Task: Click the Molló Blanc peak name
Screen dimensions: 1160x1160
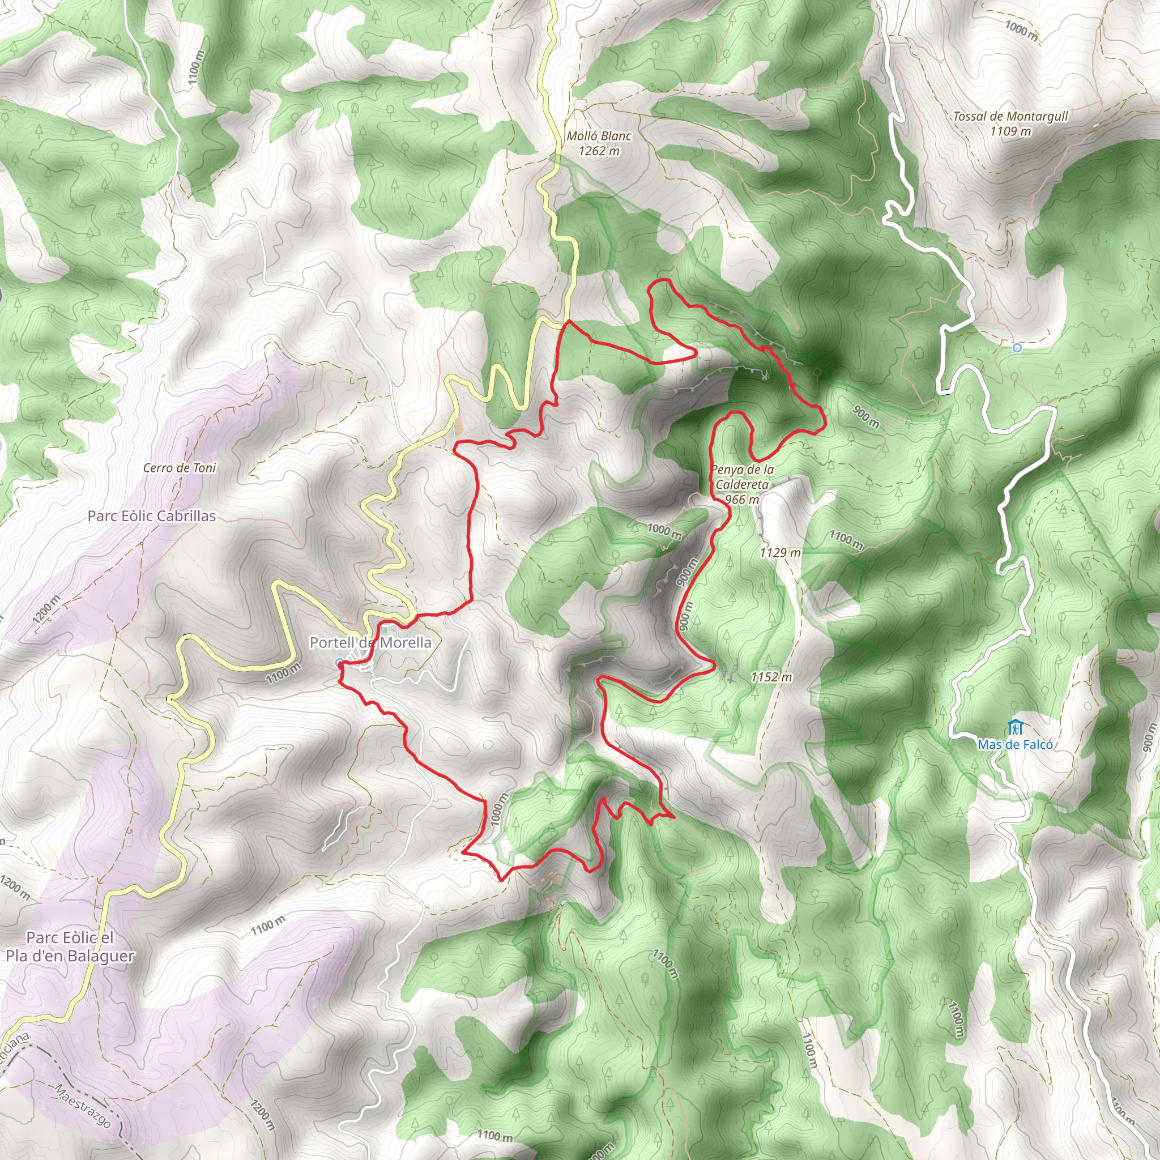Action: (x=599, y=137)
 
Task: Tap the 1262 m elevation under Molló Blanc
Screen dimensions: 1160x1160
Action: (x=599, y=151)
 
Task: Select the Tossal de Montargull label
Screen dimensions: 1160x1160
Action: (x=1010, y=117)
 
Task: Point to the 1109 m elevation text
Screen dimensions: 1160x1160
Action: (x=1010, y=131)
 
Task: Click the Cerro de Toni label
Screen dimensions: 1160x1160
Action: (x=180, y=468)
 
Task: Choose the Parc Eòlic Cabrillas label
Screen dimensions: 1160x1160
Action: (x=151, y=516)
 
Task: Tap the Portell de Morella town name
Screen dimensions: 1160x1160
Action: (x=370, y=642)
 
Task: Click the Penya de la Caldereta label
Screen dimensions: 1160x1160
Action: (x=742, y=477)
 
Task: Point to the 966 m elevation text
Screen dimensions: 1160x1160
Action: (x=742, y=500)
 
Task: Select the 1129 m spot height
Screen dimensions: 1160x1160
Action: (x=780, y=552)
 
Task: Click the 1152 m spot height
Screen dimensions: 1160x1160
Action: (x=771, y=677)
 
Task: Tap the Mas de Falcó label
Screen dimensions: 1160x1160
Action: (x=1014, y=744)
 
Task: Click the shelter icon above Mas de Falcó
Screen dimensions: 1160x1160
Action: (x=1014, y=727)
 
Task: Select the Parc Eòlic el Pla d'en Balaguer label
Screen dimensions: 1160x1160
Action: (x=70, y=946)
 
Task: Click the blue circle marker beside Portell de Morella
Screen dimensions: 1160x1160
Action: (x=339, y=663)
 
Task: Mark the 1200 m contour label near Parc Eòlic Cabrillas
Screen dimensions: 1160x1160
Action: (x=47, y=609)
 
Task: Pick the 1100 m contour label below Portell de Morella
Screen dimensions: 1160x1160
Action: (x=283, y=673)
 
